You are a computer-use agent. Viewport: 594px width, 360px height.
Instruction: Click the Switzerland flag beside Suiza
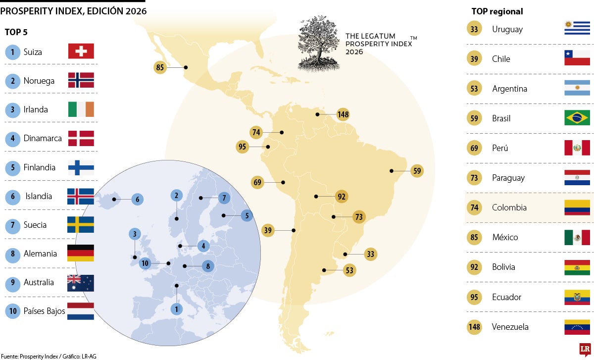pos(81,51)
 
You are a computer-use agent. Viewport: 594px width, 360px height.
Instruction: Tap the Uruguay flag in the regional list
pos(577,28)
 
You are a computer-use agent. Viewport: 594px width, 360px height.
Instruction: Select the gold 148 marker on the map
pos(343,114)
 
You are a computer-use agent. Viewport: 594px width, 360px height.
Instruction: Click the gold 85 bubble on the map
pos(160,67)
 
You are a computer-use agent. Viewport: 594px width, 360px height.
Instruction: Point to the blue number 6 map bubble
pos(138,199)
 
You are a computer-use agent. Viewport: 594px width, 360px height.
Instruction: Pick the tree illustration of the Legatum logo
pos(318,43)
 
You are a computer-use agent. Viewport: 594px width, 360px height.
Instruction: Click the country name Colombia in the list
pos(509,207)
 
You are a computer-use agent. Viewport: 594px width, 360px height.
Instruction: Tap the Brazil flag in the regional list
pos(577,118)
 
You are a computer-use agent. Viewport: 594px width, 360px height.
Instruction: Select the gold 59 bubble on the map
pos(417,171)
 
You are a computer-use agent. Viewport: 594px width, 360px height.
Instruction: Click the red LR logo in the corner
pos(585,350)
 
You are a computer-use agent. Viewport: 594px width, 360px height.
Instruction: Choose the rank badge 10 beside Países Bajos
pos(13,311)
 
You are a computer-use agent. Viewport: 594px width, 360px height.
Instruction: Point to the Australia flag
pos(80,283)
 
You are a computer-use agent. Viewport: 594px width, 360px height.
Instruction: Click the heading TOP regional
pos(497,11)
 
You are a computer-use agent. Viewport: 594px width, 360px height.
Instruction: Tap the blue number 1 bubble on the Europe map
pos(176,309)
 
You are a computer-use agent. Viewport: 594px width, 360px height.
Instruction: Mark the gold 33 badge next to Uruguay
pos(474,29)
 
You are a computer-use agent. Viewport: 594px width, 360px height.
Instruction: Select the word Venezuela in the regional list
pos(510,327)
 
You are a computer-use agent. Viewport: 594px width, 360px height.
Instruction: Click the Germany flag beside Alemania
pos(80,253)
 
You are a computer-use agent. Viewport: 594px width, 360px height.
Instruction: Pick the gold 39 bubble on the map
pos(268,230)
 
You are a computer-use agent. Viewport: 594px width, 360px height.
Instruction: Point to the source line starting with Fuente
pos(49,356)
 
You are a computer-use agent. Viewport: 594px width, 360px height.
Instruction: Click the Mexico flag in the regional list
pos(577,237)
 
